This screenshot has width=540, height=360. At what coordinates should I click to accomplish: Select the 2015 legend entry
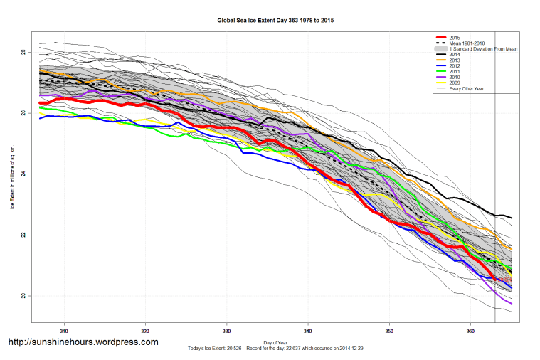click(x=455, y=37)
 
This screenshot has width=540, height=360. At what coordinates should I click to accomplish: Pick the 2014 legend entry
click(x=455, y=54)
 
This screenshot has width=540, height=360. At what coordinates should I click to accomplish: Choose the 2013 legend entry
click(x=455, y=60)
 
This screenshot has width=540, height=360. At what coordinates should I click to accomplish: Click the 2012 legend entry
click(x=455, y=65)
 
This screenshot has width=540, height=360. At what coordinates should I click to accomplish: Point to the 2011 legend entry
click(x=455, y=71)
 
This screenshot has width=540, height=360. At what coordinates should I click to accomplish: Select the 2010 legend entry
click(x=455, y=77)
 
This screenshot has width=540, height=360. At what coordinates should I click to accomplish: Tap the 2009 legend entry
click(x=455, y=83)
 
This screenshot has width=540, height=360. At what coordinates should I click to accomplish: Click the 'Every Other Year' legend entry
click(x=466, y=88)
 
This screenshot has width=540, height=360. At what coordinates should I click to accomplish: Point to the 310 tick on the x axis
click(x=64, y=331)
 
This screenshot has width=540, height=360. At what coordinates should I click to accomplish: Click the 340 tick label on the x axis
click(x=308, y=331)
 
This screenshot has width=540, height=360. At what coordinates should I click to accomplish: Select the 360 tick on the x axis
click(x=470, y=331)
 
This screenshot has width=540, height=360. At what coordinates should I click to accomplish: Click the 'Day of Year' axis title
click(x=275, y=342)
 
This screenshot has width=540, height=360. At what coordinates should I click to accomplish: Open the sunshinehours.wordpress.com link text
click(x=83, y=342)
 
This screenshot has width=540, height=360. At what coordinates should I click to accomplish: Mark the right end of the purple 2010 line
click(x=512, y=304)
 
